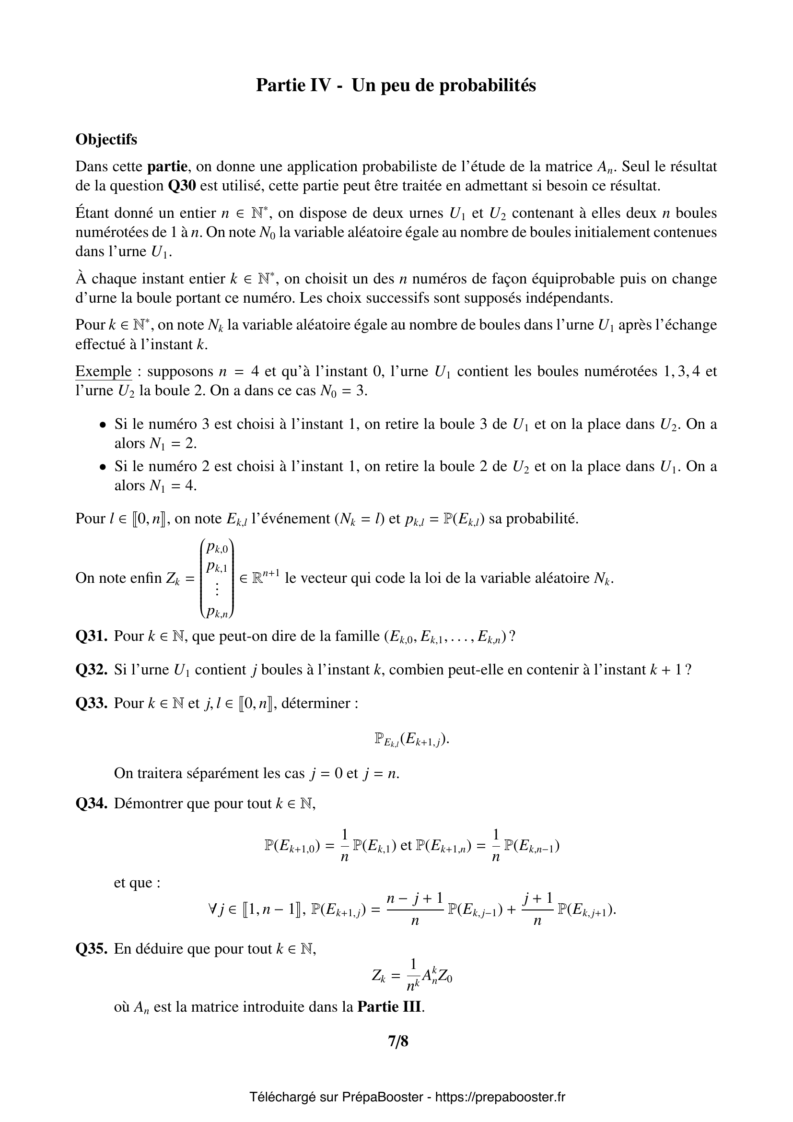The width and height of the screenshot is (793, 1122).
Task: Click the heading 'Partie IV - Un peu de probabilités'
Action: coord(396,85)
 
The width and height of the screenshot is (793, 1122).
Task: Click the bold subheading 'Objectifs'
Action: coord(106,140)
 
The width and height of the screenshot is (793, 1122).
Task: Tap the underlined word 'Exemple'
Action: coord(103,371)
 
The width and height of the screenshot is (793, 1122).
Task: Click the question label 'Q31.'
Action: coord(91,636)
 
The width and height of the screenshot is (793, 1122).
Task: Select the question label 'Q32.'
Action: coord(91,670)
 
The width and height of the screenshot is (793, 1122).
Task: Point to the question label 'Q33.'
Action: coord(91,703)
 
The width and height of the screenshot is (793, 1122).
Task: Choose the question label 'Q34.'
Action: coord(91,803)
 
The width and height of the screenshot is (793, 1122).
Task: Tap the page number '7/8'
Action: coord(398,1042)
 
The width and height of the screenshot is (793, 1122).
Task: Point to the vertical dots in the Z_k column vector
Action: coord(217,590)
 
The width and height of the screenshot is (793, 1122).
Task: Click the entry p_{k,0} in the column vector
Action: coord(217,548)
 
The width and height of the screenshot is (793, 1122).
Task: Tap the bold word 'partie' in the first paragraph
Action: coord(167,166)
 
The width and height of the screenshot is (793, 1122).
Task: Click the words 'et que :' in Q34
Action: coord(137,883)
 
